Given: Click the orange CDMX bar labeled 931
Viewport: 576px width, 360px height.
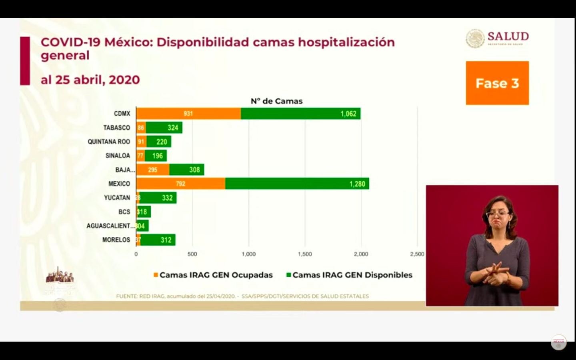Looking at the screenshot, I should pyautogui.click(x=188, y=114).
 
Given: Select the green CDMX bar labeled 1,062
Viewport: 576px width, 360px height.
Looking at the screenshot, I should pyautogui.click(x=300, y=114).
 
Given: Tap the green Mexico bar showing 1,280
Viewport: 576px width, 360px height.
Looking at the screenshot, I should pyautogui.click(x=297, y=184).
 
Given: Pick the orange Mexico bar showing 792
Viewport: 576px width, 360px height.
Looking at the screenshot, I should pyautogui.click(x=181, y=184).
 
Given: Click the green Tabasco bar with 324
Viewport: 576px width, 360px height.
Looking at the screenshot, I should pyautogui.click(x=164, y=128).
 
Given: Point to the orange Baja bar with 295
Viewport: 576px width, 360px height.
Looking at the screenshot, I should pyautogui.click(x=153, y=170).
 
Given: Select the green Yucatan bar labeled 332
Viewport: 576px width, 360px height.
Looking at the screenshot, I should pyautogui.click(x=158, y=198).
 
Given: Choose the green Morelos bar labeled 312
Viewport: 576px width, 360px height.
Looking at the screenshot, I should pyautogui.click(x=158, y=240).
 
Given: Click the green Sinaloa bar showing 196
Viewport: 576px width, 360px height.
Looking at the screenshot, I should pyautogui.click(x=156, y=156).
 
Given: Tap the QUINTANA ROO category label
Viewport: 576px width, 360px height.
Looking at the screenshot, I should pyautogui.click(x=109, y=142).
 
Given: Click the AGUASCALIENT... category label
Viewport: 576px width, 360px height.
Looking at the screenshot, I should pyautogui.click(x=110, y=226).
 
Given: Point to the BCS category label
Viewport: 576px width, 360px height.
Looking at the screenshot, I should pyautogui.click(x=124, y=212).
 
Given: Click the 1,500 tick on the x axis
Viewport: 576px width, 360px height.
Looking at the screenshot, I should pyautogui.click(x=305, y=254).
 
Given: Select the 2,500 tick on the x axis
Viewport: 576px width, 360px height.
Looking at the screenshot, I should pyautogui.click(x=417, y=254).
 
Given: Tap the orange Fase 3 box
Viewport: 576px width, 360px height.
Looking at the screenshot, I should pyautogui.click(x=497, y=83).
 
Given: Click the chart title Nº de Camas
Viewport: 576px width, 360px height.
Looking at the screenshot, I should pyautogui.click(x=276, y=101).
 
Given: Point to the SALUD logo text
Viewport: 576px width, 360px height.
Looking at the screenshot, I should pyautogui.click(x=508, y=37).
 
